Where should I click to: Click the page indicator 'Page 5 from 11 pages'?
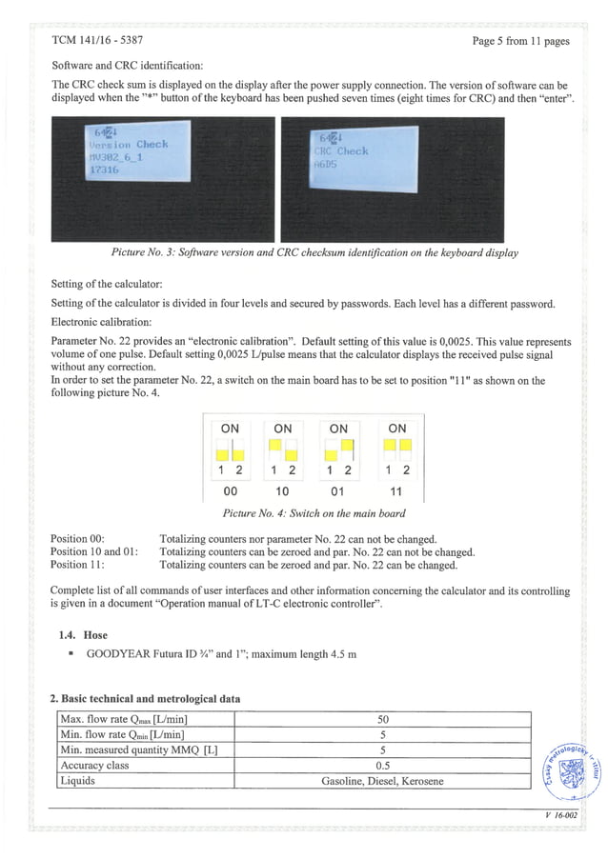click(520, 41)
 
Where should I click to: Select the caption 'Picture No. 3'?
click(314, 252)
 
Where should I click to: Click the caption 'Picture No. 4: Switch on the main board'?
click(314, 513)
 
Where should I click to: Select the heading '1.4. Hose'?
click(84, 634)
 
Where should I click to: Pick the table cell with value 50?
click(382, 718)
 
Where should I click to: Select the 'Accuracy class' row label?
click(95, 766)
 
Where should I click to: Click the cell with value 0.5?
click(382, 766)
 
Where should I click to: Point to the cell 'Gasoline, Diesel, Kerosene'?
click(382, 781)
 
